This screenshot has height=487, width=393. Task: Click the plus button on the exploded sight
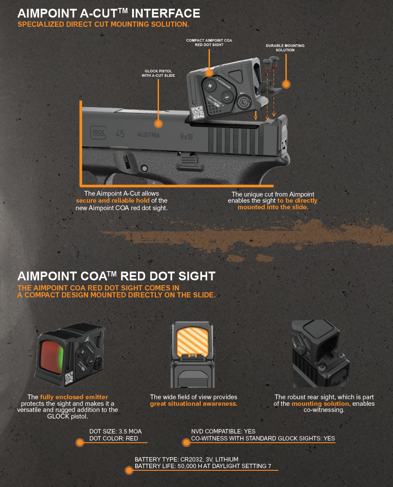click(210, 86)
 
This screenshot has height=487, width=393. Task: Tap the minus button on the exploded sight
click(227, 97)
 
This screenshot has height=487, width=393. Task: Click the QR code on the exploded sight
click(198, 112)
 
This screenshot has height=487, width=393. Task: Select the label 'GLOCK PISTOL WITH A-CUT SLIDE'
click(158, 73)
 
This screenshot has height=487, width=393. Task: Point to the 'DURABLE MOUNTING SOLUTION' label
click(285, 48)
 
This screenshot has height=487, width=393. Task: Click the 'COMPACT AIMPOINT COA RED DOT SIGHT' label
click(209, 43)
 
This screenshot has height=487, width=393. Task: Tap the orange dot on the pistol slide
click(159, 124)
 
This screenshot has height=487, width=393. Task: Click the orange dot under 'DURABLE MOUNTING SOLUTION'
click(286, 84)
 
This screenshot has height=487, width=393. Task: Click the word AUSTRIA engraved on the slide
click(148, 135)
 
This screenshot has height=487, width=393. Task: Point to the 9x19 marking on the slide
click(186, 136)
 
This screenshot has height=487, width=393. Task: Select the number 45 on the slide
click(120, 134)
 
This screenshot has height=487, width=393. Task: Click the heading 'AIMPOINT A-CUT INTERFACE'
click(109, 13)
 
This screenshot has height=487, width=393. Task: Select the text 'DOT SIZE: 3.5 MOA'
click(115, 431)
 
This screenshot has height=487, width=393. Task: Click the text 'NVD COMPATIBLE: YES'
click(223, 431)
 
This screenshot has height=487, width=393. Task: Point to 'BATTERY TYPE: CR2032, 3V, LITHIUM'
click(187, 459)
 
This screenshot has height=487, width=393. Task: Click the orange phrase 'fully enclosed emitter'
click(74, 397)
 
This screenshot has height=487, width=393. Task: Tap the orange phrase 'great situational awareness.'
click(194, 404)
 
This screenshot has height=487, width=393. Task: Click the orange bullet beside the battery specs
click(129, 470)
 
